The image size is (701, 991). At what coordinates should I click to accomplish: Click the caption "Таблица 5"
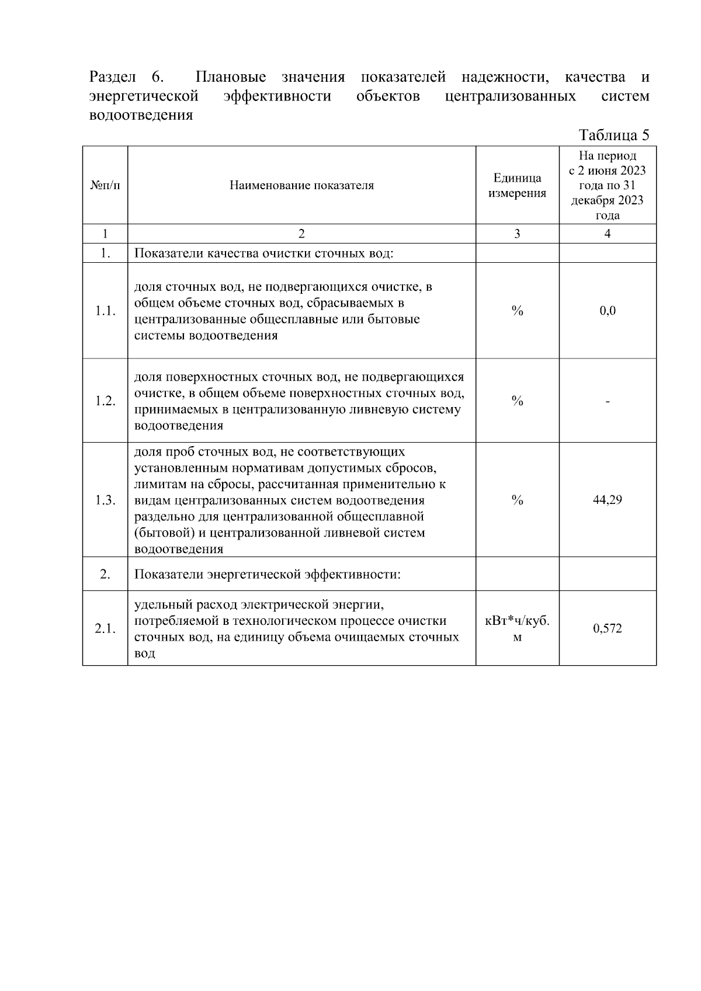[613, 135]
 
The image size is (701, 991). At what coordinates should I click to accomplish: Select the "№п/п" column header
[105, 186]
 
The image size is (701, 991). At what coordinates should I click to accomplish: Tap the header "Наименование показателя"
[301, 186]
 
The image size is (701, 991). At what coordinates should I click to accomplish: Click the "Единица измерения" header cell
[517, 186]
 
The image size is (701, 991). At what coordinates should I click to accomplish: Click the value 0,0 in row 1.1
[608, 311]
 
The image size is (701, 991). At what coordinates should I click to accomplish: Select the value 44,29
[608, 500]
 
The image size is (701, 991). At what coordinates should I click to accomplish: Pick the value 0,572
[608, 628]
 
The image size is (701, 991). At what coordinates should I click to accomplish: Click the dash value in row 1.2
[608, 401]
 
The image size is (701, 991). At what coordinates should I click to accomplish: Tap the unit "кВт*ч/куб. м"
[517, 628]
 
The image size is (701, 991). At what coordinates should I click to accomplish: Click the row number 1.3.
[105, 500]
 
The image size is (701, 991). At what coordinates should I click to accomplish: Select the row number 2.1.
[105, 628]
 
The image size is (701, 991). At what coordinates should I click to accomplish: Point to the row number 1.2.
[105, 401]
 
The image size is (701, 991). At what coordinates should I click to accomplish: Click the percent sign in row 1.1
[517, 311]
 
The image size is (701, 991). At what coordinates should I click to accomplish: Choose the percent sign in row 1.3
[517, 500]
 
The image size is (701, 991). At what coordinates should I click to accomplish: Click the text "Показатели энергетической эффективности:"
[268, 574]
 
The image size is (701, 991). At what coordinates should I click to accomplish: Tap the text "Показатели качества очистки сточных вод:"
[264, 253]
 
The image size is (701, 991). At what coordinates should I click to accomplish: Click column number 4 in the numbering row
[608, 234]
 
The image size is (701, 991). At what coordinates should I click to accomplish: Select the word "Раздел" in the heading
[112, 77]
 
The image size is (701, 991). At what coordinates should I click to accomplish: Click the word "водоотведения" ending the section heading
[140, 115]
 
